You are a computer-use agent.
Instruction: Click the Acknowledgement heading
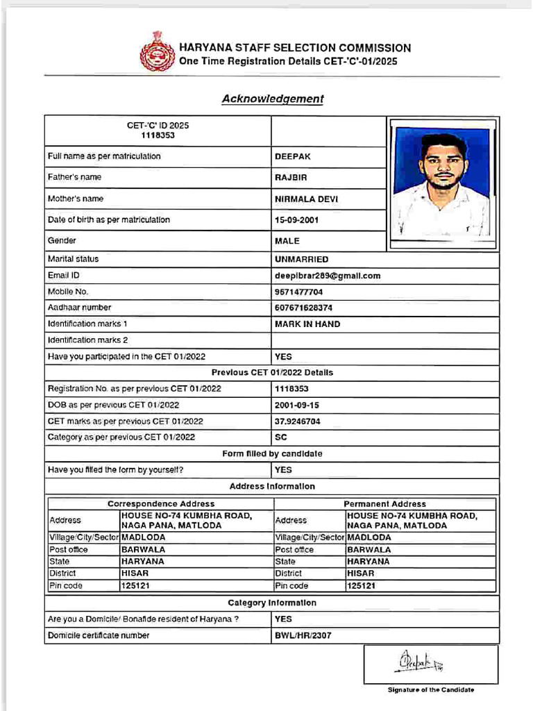point(273,99)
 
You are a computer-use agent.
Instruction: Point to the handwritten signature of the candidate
point(419,662)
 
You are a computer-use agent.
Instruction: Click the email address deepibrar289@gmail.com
point(328,276)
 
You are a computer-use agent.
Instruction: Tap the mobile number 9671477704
point(298,292)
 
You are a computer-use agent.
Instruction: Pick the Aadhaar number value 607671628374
point(303,308)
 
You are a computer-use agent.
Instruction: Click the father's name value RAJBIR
point(286,178)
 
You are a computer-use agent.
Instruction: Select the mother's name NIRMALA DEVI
point(306,199)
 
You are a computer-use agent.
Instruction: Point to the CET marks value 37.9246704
point(298,421)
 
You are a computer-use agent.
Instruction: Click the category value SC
point(281,437)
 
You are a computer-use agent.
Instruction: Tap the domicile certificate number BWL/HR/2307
point(303,635)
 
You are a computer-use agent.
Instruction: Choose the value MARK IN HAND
point(307,324)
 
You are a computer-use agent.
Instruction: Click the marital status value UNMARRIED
point(302,259)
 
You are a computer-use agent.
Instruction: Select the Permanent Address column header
point(385,504)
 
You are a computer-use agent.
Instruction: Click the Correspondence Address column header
point(161,504)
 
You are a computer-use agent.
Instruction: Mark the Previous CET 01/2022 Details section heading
point(272,373)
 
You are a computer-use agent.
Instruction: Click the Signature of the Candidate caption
point(430,689)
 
